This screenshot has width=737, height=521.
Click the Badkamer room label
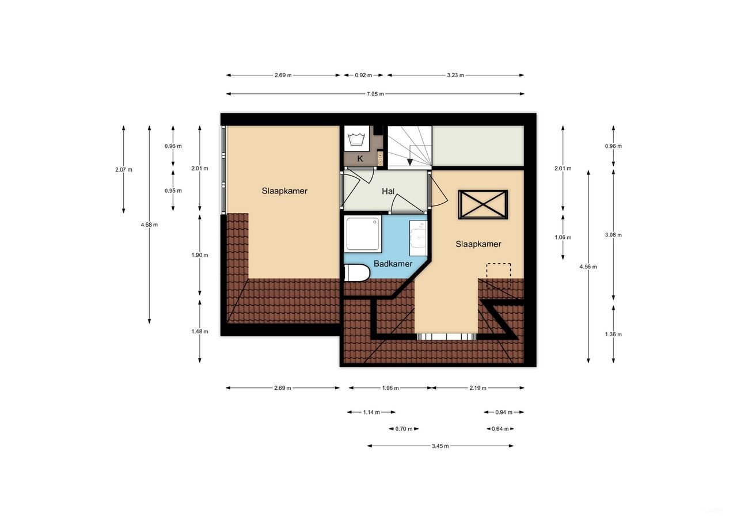(x=393, y=264)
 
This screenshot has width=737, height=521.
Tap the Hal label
(x=388, y=191)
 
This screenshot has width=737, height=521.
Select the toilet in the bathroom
(x=356, y=273)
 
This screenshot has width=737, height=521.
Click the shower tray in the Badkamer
(x=363, y=233)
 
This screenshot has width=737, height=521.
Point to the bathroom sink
(x=418, y=237)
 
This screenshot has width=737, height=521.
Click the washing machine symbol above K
(x=356, y=139)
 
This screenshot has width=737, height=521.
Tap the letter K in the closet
(x=360, y=159)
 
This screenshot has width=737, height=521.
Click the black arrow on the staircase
(x=409, y=162)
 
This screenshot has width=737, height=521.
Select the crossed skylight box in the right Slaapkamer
(x=483, y=204)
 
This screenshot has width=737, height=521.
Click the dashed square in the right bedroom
(x=498, y=276)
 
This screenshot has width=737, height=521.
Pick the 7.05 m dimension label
(x=375, y=94)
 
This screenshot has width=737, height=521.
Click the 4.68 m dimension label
(x=149, y=225)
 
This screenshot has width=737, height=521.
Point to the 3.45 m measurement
(x=440, y=446)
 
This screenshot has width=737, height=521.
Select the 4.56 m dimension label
(x=588, y=267)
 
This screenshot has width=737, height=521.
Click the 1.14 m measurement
(x=371, y=412)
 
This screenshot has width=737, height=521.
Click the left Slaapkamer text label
(x=284, y=191)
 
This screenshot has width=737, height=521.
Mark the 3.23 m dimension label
(x=455, y=75)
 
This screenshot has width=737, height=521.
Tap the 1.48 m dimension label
(x=200, y=331)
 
